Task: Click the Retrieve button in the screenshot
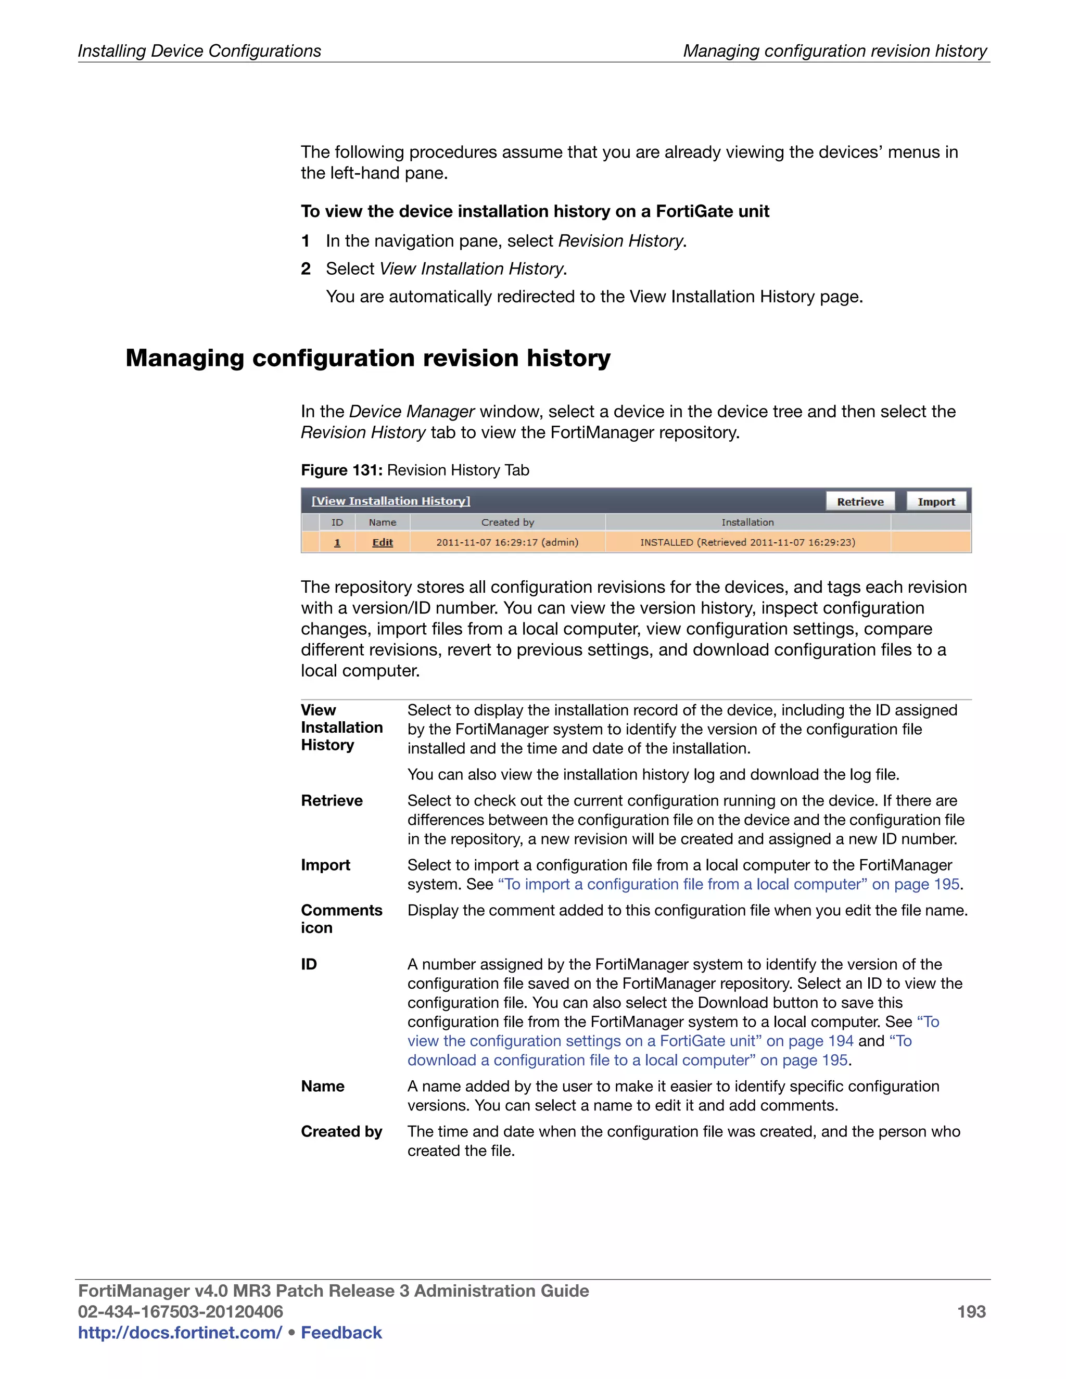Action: pyautogui.click(x=860, y=501)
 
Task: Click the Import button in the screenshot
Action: pyautogui.click(x=936, y=501)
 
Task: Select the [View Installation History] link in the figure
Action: pyautogui.click(x=391, y=501)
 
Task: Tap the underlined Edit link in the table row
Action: pyautogui.click(x=382, y=542)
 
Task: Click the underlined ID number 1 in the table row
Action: pyautogui.click(x=337, y=542)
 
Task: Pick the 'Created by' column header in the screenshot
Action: pyautogui.click(x=507, y=522)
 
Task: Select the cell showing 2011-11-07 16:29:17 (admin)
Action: pyautogui.click(x=507, y=542)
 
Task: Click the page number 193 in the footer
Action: pyautogui.click(x=971, y=1311)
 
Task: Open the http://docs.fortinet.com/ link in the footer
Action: pyautogui.click(x=180, y=1332)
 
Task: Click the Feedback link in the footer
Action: pyautogui.click(x=341, y=1332)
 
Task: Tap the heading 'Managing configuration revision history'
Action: pyautogui.click(x=368, y=358)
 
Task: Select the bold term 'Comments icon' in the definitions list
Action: pyautogui.click(x=341, y=918)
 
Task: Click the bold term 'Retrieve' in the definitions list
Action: pyautogui.click(x=332, y=801)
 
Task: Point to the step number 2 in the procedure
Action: pyautogui.click(x=306, y=269)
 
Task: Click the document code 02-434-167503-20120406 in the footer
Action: pyautogui.click(x=180, y=1311)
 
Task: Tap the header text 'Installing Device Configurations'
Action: pyautogui.click(x=199, y=50)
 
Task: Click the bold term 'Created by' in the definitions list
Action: pyautogui.click(x=341, y=1131)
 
